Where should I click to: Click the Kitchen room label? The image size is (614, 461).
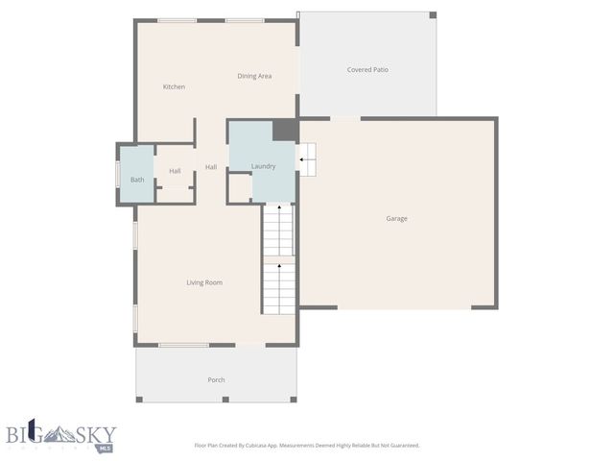pos(174,87)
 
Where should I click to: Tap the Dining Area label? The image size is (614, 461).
pos(254,76)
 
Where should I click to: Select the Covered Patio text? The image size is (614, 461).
pos(367,70)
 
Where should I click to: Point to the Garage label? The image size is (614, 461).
pos(396,219)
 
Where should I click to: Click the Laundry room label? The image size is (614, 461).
pos(263,167)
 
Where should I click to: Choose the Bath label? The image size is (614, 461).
pos(137,180)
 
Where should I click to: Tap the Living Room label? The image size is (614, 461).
pos(204,282)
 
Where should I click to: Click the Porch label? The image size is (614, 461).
pos(217,380)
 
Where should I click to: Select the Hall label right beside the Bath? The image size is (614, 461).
pos(175,172)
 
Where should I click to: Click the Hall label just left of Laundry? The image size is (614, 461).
pos(211,168)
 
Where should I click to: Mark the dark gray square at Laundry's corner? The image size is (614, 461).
pos(285,131)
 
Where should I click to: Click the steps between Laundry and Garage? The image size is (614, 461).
pos(307,159)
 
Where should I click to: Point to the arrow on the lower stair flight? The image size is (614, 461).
pos(279,266)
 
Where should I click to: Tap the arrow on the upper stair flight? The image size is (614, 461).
pos(279,206)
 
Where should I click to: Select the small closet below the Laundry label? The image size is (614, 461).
pos(239,188)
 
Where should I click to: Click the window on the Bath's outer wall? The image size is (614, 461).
pos(118,175)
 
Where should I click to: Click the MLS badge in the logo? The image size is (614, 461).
pos(106,448)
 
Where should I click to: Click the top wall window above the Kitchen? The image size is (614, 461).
pos(177,20)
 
